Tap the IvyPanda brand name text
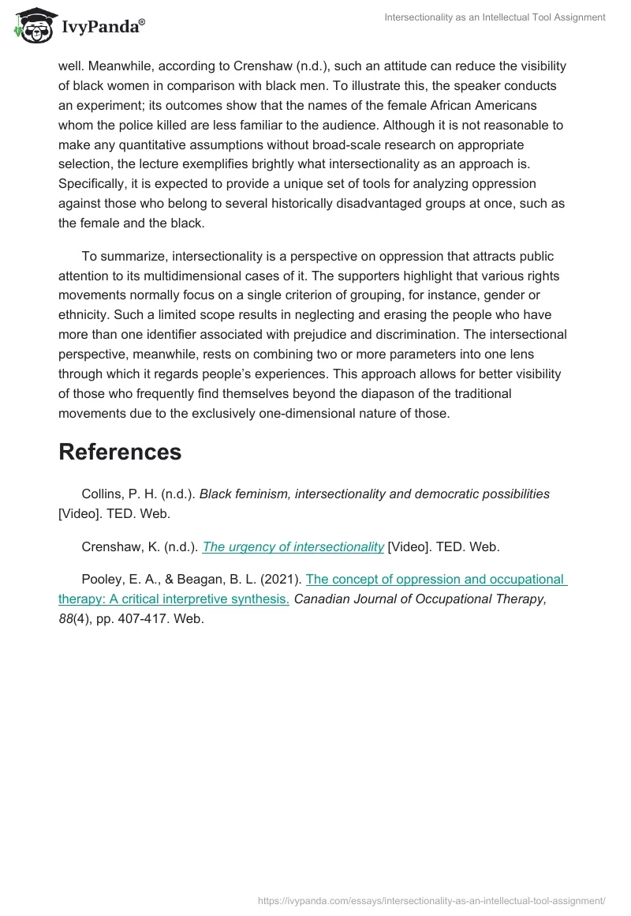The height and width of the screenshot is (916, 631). coord(100,27)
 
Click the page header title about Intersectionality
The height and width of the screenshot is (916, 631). coord(495,17)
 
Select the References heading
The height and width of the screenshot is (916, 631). coord(120,452)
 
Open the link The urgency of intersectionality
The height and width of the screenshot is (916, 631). coord(293,546)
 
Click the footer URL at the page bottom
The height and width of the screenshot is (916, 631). coord(432,900)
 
